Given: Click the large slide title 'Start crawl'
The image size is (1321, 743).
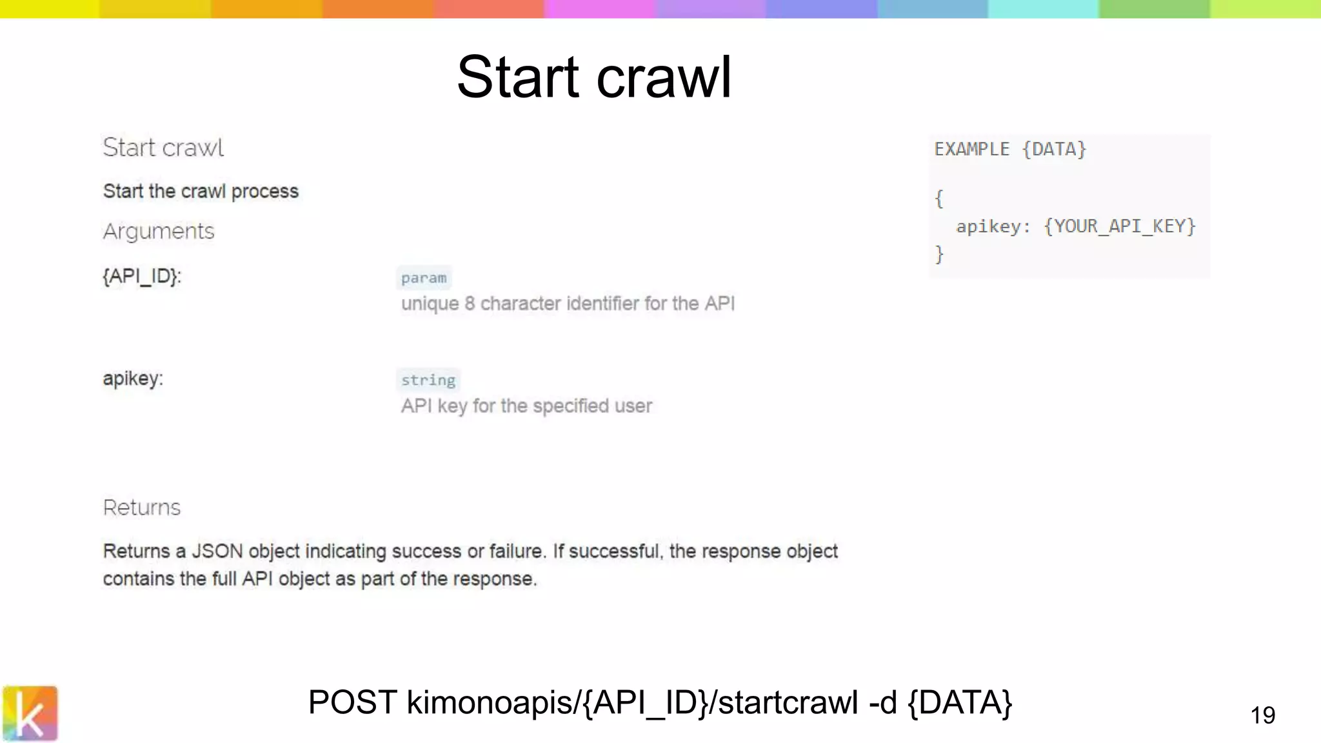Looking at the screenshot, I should (x=594, y=77).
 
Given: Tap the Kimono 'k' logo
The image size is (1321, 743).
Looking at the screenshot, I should (x=30, y=713).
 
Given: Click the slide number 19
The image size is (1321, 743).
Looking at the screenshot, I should (x=1262, y=715).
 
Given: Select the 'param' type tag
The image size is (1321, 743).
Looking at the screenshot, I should (x=423, y=278).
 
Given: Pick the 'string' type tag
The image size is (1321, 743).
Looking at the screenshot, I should (x=428, y=380).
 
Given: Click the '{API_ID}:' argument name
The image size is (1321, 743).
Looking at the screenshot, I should (x=142, y=276).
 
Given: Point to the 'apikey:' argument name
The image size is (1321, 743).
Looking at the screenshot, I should (x=133, y=378).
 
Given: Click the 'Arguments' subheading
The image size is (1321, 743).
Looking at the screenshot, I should (x=159, y=231).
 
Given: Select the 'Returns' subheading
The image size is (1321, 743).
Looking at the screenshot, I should (x=142, y=508).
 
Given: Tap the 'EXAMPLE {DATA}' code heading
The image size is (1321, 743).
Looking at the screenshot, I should (x=1010, y=149).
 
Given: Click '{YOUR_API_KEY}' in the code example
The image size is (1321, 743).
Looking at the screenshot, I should (x=1120, y=226).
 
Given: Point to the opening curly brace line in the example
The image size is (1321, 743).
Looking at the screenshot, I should (x=939, y=198).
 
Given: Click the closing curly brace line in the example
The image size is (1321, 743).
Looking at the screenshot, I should (x=939, y=254).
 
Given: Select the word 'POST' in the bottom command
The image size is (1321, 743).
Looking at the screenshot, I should (x=352, y=702).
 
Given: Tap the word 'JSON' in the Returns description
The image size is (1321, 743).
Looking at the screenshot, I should (x=217, y=551).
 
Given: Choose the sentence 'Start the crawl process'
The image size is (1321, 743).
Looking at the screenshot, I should (x=201, y=191).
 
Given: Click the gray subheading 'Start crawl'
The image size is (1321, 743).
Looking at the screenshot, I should (x=163, y=148).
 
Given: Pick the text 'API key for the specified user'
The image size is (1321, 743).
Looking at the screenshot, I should (x=526, y=406).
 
